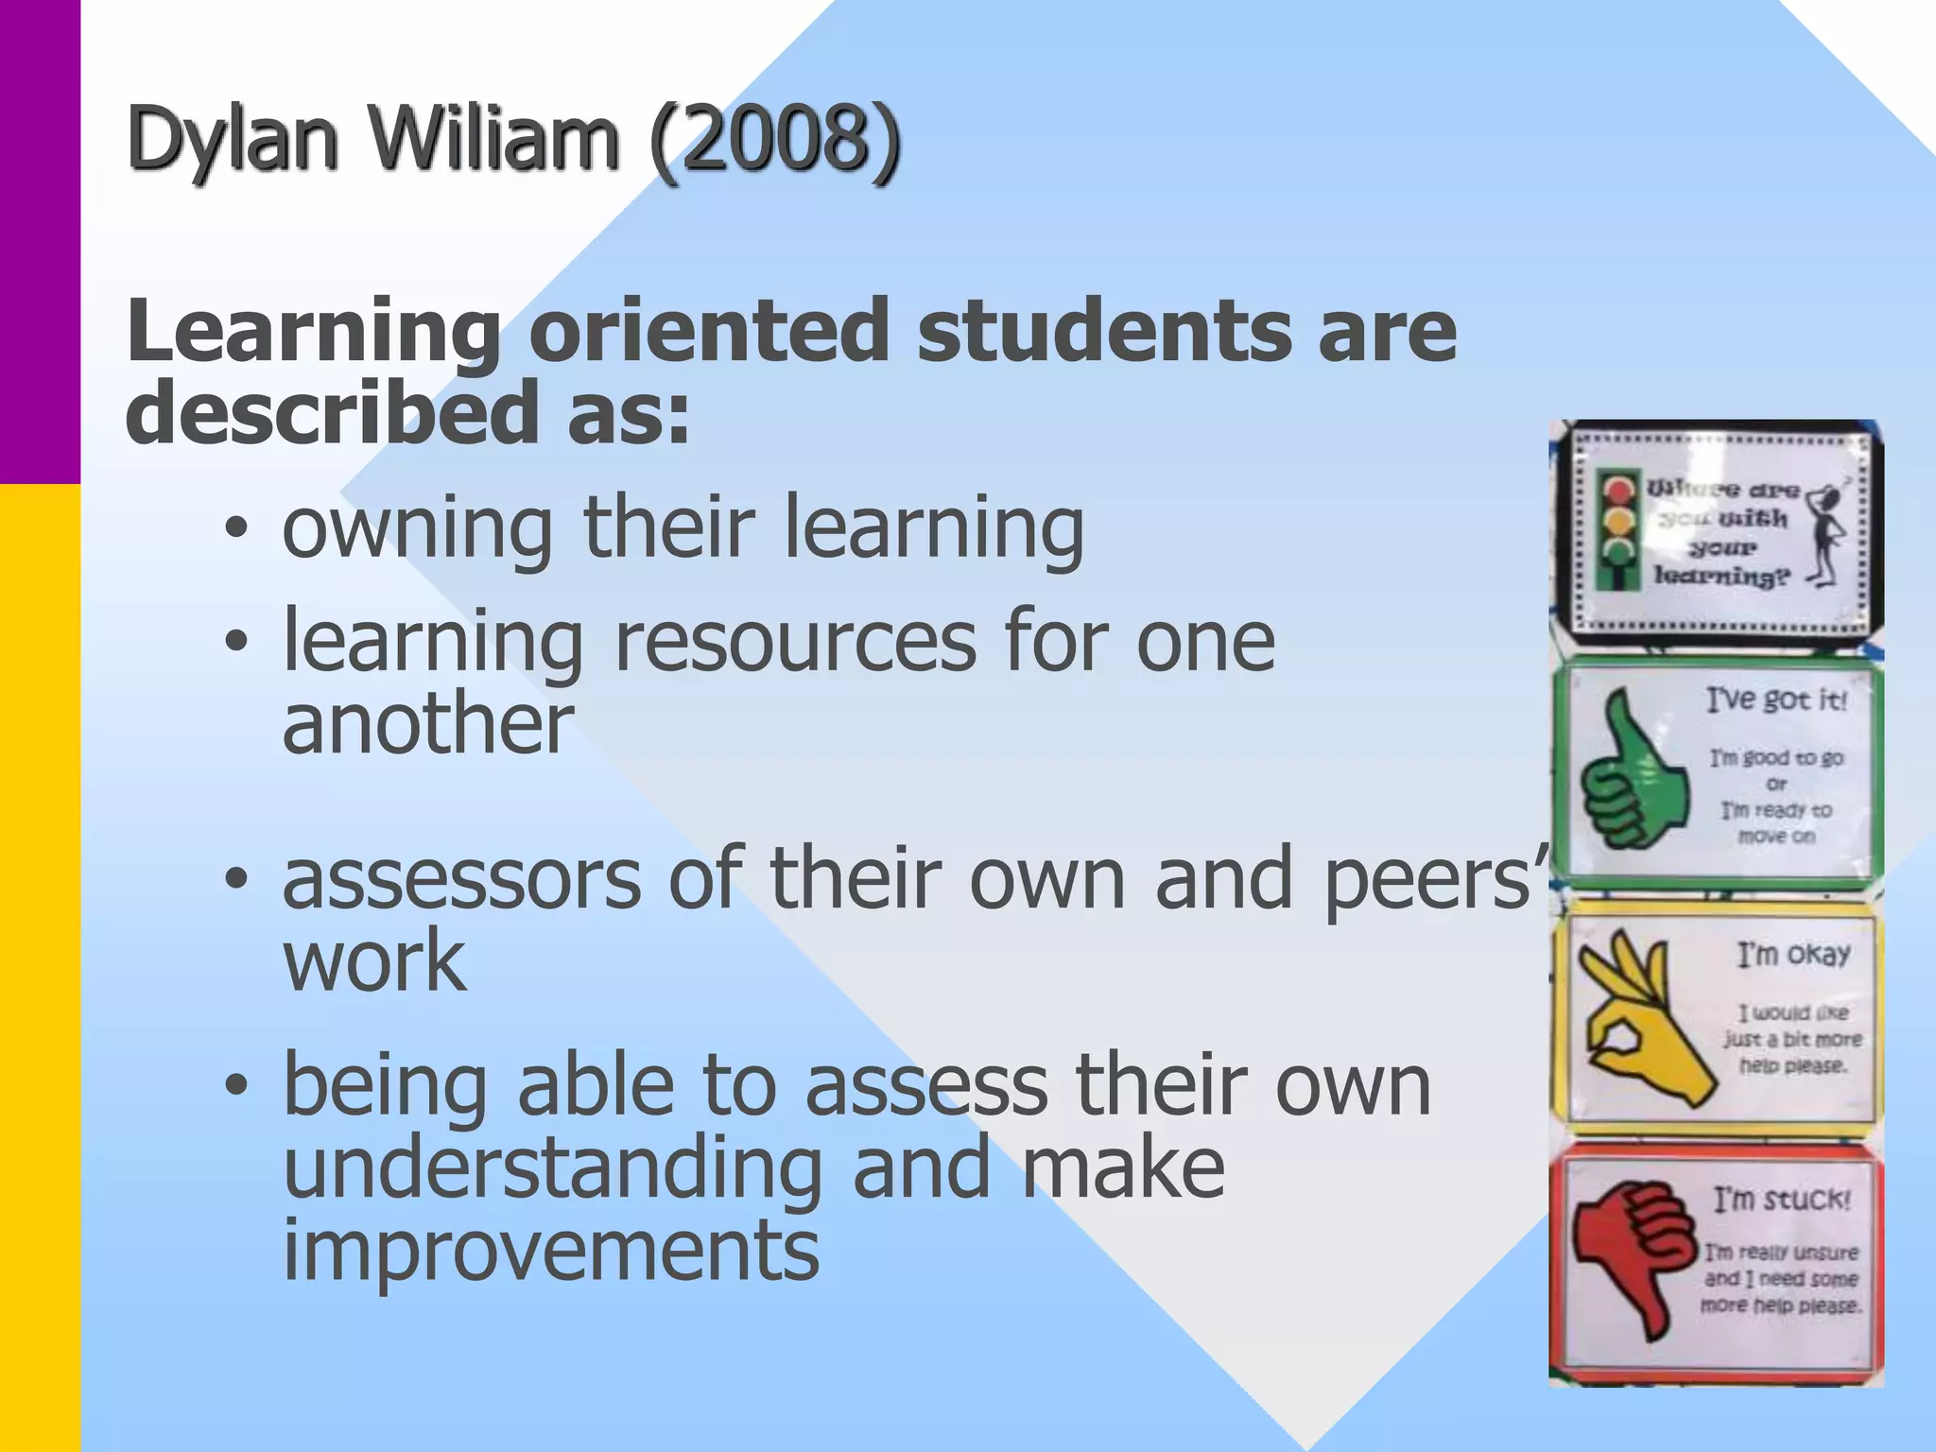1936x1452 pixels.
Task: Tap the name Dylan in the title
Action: [x=233, y=142]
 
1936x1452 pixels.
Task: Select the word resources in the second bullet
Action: [x=794, y=643]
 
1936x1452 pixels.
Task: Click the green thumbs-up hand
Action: [x=1632, y=771]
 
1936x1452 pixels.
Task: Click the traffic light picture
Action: [x=1618, y=533]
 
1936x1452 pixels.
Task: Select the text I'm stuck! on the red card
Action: [x=1782, y=1200]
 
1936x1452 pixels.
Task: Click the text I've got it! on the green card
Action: [x=1776, y=700]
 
